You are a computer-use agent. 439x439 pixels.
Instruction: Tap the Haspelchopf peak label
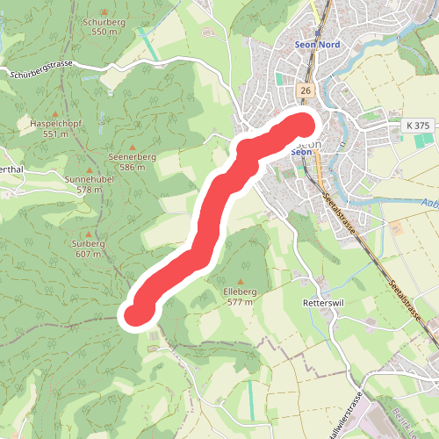[55, 124]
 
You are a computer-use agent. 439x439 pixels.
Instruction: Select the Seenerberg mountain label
[133, 156]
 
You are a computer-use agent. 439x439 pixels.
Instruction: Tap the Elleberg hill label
[240, 291]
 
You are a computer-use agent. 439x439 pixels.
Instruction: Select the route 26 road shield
[306, 90]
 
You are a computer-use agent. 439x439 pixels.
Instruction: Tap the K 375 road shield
[418, 126]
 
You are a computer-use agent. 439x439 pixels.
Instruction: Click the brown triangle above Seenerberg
[133, 147]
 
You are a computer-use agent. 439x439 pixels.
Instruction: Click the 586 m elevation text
[133, 167]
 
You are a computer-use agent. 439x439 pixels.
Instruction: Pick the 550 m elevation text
[104, 32]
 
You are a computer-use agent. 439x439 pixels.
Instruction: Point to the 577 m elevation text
[240, 301]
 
